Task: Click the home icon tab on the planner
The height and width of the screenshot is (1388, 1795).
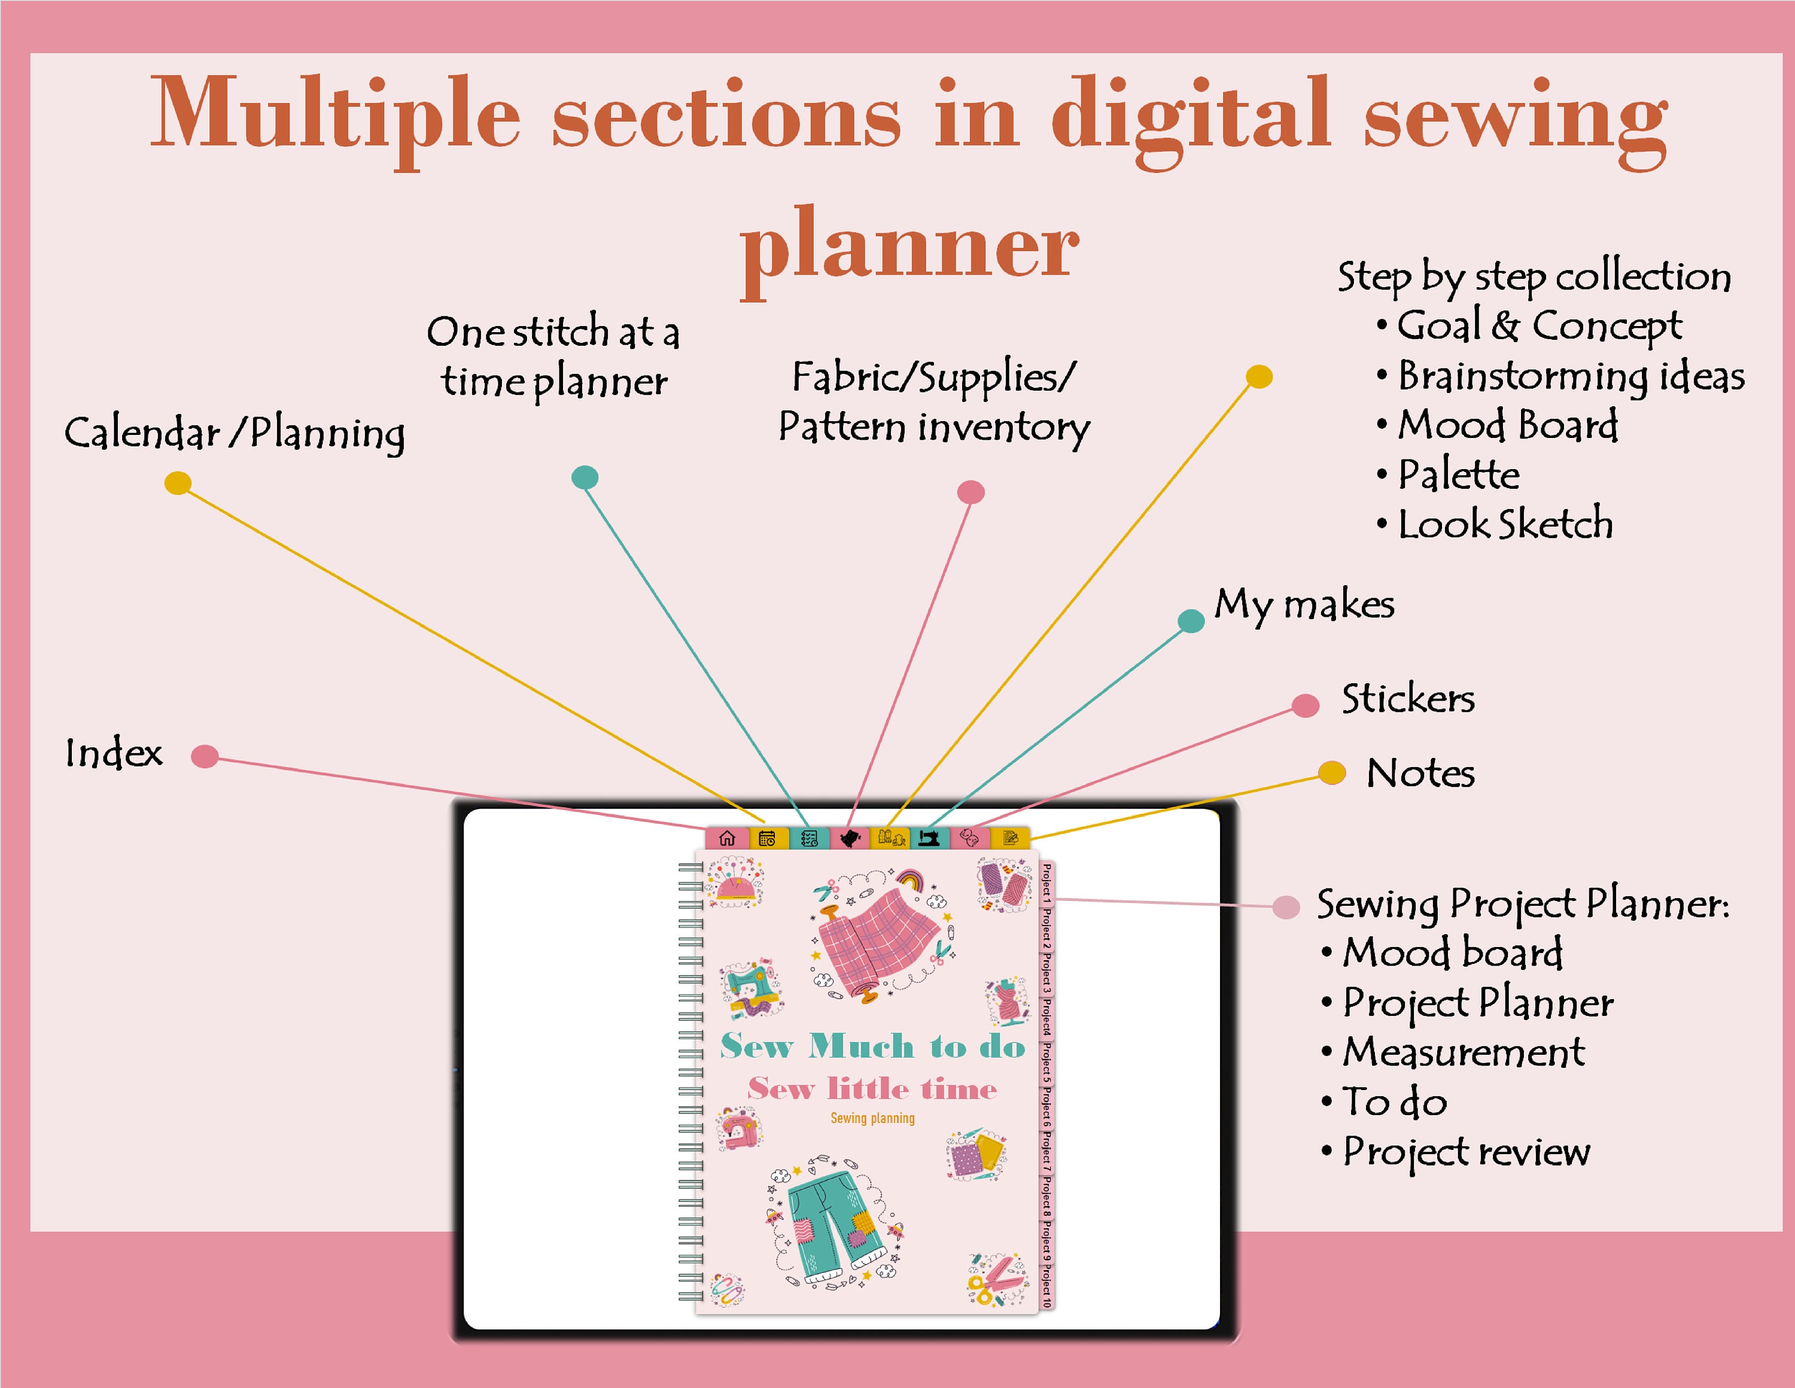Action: click(726, 838)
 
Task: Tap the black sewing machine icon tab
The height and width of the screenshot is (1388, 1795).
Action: click(930, 838)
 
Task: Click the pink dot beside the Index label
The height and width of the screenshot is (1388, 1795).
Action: click(205, 756)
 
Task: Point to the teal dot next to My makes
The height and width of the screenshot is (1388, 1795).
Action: click(1191, 620)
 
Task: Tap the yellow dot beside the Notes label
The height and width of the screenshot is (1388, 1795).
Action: click(1331, 772)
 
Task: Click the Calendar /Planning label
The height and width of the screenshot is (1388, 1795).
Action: click(235, 433)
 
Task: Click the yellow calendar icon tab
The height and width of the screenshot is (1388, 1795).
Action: click(768, 838)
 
